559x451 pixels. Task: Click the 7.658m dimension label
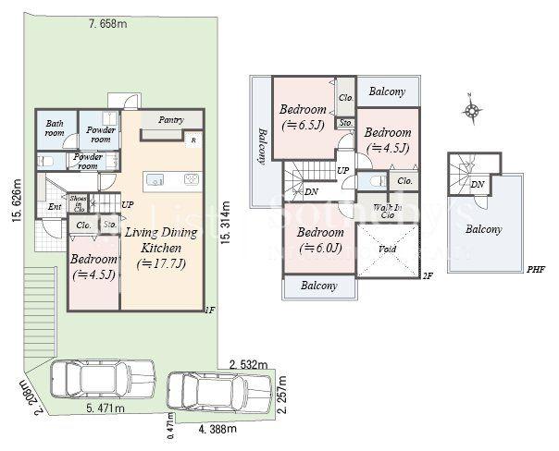tap(108, 22)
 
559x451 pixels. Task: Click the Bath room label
tap(55, 128)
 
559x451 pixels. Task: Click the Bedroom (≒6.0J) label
tap(321, 239)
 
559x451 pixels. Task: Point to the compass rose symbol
tap(472, 112)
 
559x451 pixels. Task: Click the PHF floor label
tap(535, 269)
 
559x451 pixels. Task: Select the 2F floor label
tap(427, 275)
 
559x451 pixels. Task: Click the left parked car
tap(101, 379)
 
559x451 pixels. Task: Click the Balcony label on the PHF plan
tap(484, 229)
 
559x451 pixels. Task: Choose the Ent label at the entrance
tap(54, 207)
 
